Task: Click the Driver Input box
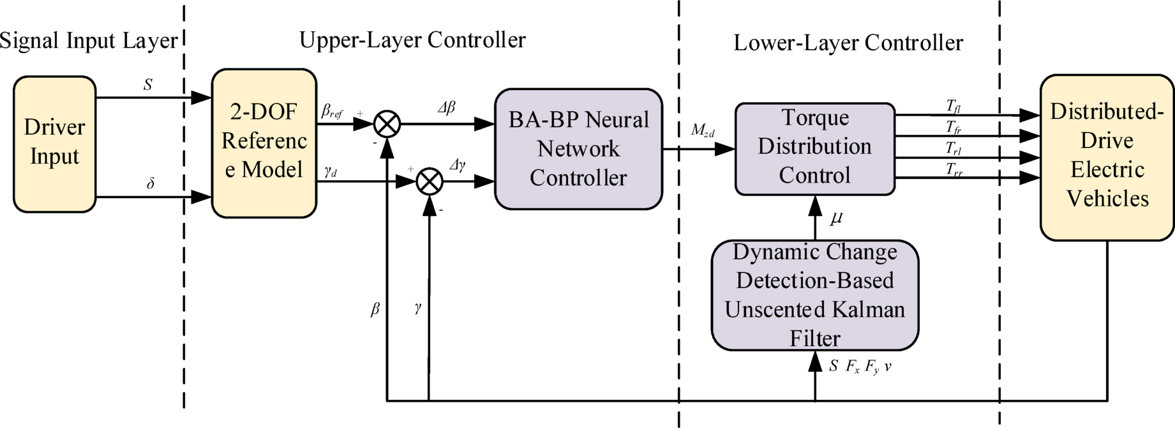[x=54, y=144]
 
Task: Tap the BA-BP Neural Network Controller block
[x=578, y=149]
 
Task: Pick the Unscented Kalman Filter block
[x=814, y=295]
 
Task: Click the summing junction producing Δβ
[x=387, y=124]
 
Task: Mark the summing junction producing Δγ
[x=430, y=182]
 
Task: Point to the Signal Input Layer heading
[x=89, y=41]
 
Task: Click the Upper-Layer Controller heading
[x=412, y=40]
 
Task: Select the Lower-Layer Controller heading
[x=848, y=43]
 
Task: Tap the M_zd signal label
[x=702, y=131]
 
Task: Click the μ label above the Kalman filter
[x=836, y=218]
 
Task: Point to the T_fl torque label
[x=954, y=106]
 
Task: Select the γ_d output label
[x=330, y=171]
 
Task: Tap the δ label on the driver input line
[x=151, y=184]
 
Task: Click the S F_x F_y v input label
[x=860, y=367]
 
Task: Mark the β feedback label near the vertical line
[x=375, y=310]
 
